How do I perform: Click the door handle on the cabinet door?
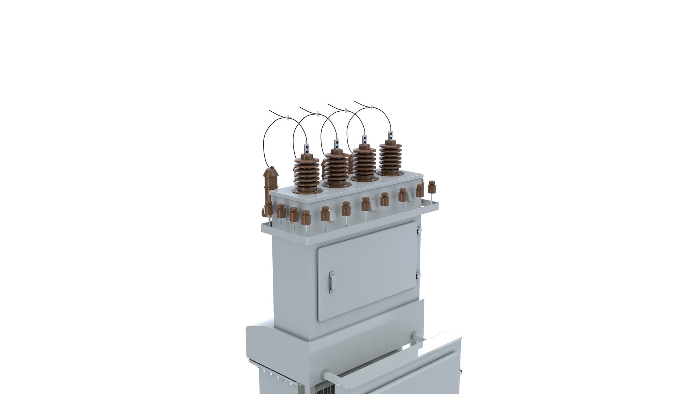pos(331,282)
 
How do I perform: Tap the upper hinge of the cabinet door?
pos(419,231)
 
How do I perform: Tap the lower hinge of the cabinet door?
pos(419,275)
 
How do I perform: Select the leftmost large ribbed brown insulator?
pos(307,173)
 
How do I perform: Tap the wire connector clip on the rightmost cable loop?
pos(372,107)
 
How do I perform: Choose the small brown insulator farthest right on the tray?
pos(432,186)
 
